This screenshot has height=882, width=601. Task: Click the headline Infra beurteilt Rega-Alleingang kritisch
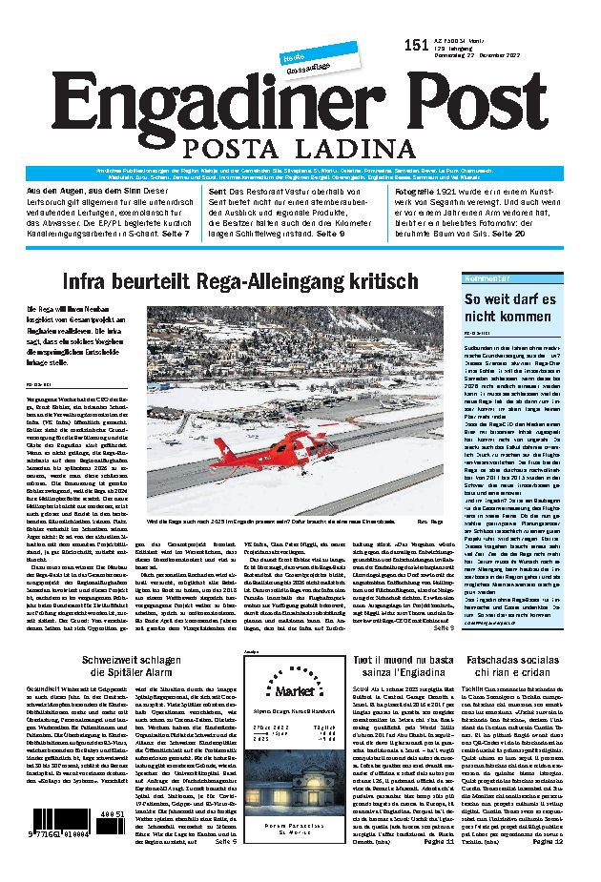point(240,281)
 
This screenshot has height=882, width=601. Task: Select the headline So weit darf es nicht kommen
point(508,309)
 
